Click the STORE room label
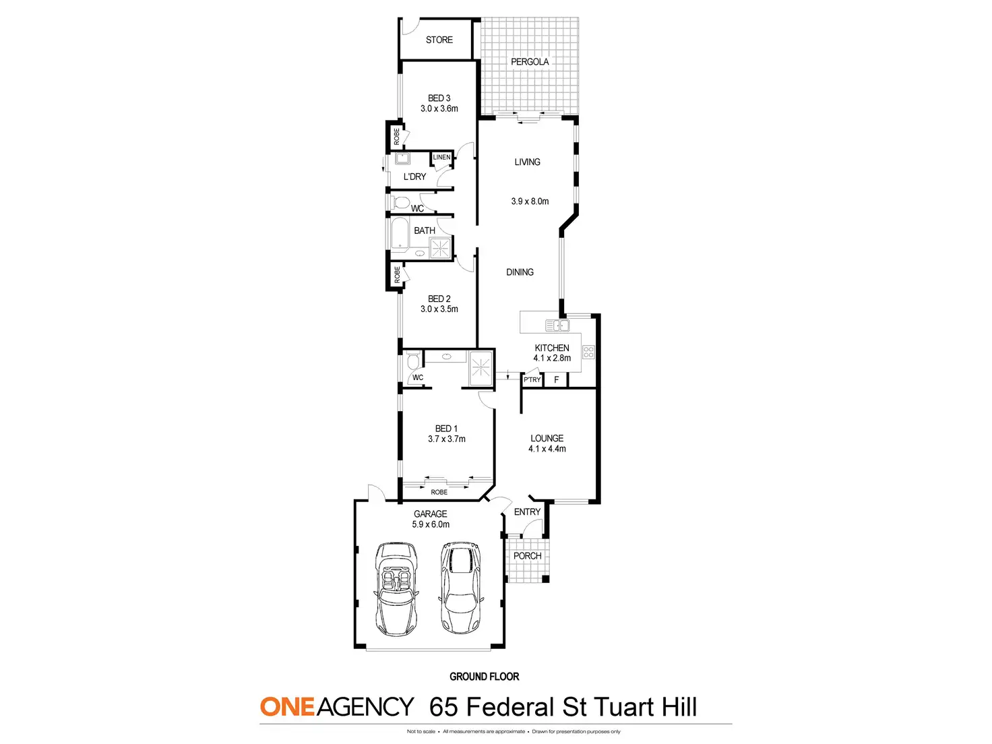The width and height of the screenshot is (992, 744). click(439, 40)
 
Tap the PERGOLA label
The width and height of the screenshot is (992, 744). click(530, 61)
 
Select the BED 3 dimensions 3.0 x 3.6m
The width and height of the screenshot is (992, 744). click(439, 108)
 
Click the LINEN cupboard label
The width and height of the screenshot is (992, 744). click(441, 157)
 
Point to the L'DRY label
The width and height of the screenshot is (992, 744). click(415, 177)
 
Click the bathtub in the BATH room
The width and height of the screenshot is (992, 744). click(400, 234)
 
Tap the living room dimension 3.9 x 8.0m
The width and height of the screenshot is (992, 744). click(530, 201)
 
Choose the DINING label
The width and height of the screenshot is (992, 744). click(520, 272)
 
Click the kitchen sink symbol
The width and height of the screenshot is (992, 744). click(557, 325)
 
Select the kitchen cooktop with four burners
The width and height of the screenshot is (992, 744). click(588, 352)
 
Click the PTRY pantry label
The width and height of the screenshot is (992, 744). click(532, 380)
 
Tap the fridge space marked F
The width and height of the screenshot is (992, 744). click(557, 380)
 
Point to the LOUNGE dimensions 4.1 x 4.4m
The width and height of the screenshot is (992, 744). click(547, 449)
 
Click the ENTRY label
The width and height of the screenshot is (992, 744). click(527, 511)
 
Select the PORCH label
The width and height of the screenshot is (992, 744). click(527, 555)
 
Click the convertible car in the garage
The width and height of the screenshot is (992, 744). click(396, 588)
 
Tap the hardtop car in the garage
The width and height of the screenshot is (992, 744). click(460, 588)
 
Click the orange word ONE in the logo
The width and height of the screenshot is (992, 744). click(287, 707)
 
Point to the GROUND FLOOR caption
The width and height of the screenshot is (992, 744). click(484, 676)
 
